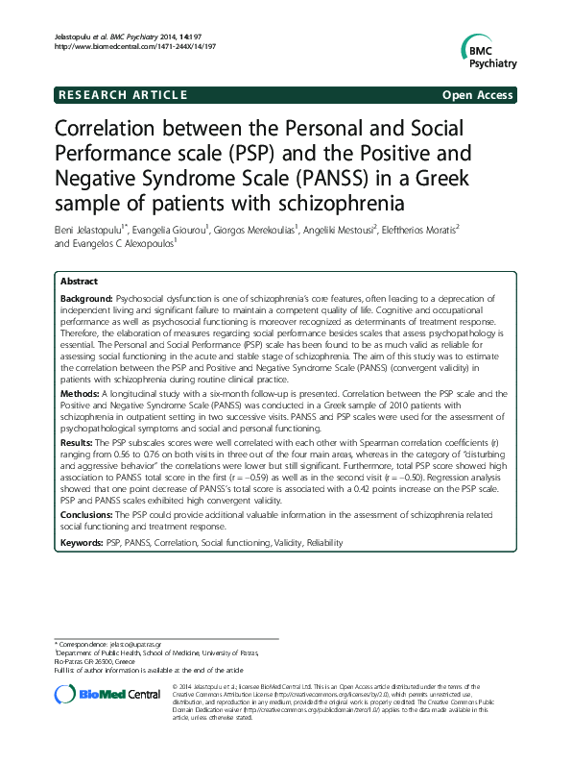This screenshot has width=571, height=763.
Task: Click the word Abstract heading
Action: (x=79, y=281)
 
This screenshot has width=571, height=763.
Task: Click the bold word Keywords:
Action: (x=82, y=543)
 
